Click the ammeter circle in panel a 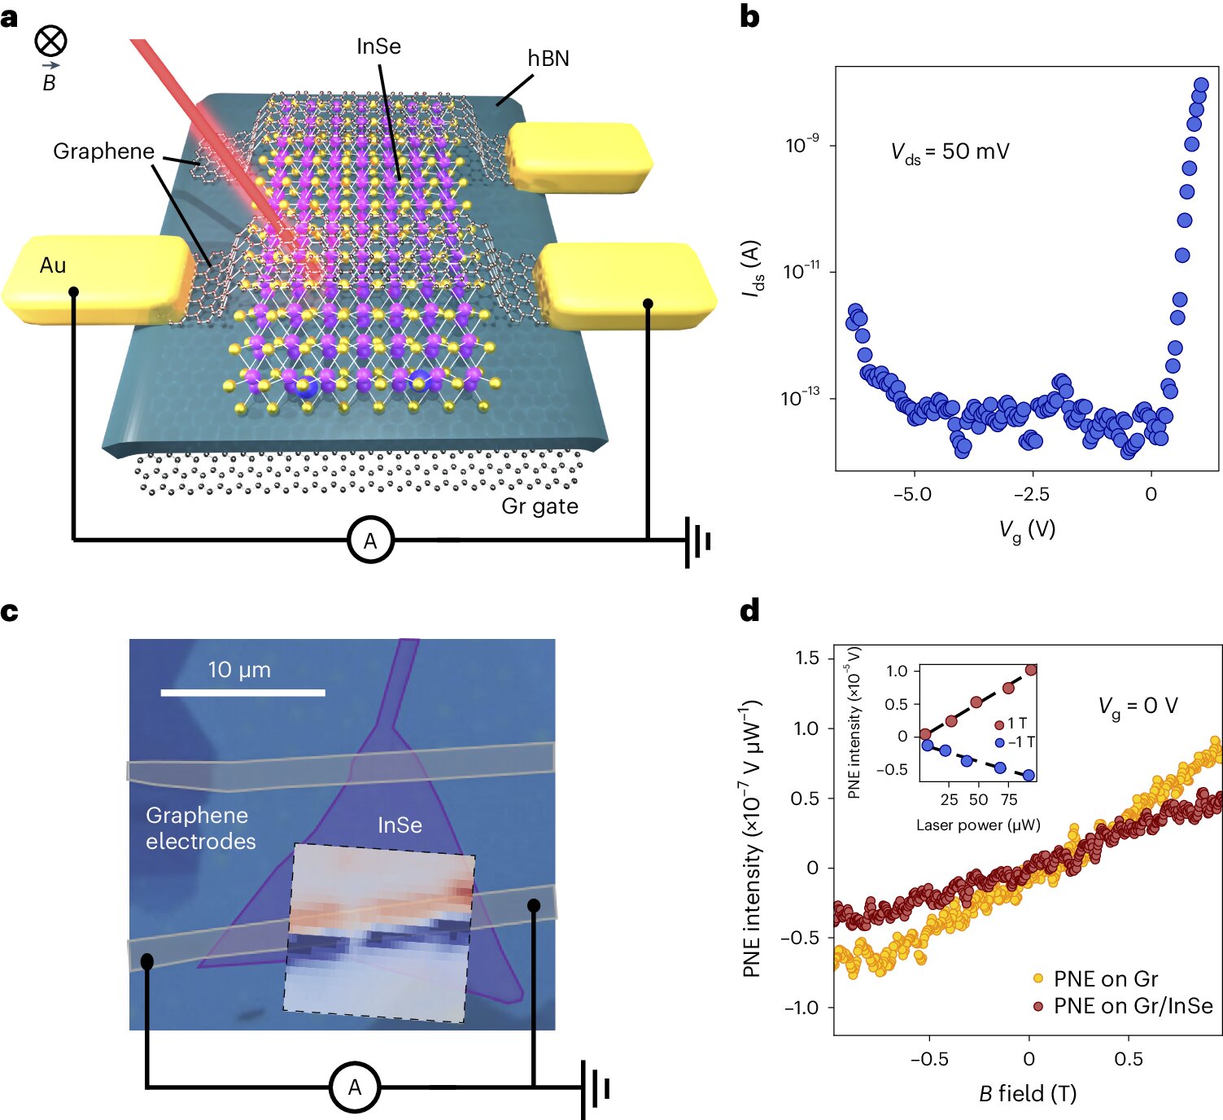370,540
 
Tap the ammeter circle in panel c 355,1087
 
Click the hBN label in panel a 548,59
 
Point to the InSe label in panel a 378,46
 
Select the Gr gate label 539,506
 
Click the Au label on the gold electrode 53,265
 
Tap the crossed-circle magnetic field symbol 50,41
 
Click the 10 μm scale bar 242,692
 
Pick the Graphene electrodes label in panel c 200,828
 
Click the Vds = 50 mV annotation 950,152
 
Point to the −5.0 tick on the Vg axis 912,495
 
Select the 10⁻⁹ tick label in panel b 802,145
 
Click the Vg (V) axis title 1027,530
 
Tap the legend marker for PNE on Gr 1038,978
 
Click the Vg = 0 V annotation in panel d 1138,706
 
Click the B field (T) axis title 1027,1093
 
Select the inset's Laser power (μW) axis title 977,825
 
